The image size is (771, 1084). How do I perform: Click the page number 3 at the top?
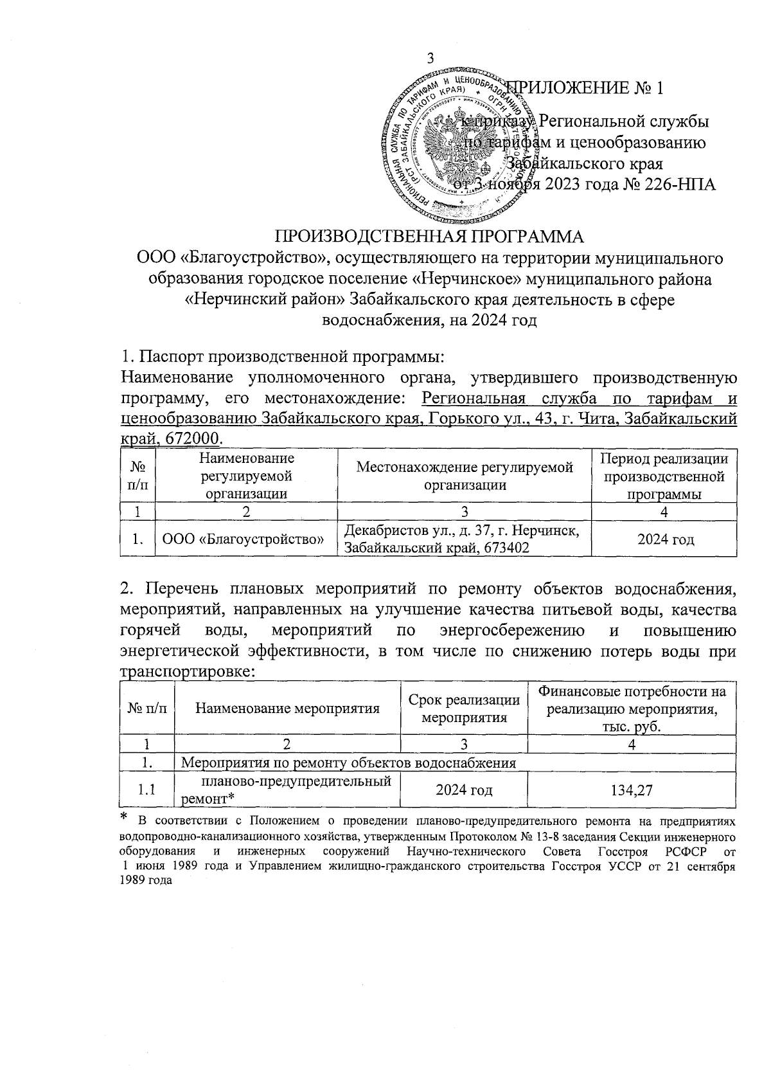click(431, 58)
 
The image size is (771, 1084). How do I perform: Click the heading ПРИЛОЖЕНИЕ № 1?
click(585, 88)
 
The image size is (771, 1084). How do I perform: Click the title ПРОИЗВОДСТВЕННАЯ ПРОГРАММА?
click(430, 236)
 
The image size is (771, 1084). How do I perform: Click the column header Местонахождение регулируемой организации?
click(464, 476)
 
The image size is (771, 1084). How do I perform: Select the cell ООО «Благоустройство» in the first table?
click(247, 539)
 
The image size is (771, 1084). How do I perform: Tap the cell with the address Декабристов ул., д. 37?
click(464, 539)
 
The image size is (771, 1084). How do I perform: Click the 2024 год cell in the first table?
click(665, 539)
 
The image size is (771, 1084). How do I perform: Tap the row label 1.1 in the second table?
click(147, 790)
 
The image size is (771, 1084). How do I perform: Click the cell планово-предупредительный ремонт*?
click(287, 790)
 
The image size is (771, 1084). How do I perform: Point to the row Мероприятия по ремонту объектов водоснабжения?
click(349, 763)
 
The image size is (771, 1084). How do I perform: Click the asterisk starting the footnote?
click(125, 819)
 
